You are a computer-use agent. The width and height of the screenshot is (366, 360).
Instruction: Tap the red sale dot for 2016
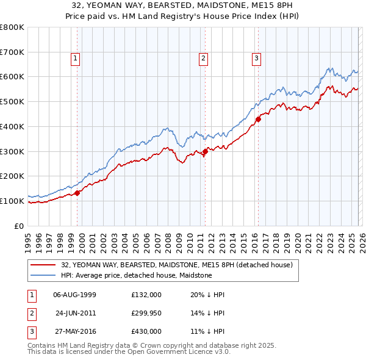tap(258, 119)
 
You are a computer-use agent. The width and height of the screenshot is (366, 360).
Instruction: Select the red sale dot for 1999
tap(77, 193)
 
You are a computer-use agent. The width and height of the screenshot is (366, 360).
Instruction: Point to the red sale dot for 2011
tap(205, 152)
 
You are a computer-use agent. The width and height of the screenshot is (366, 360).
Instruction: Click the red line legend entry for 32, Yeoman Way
tap(177, 265)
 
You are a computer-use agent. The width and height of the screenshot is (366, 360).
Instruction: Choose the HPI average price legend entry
tap(136, 276)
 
